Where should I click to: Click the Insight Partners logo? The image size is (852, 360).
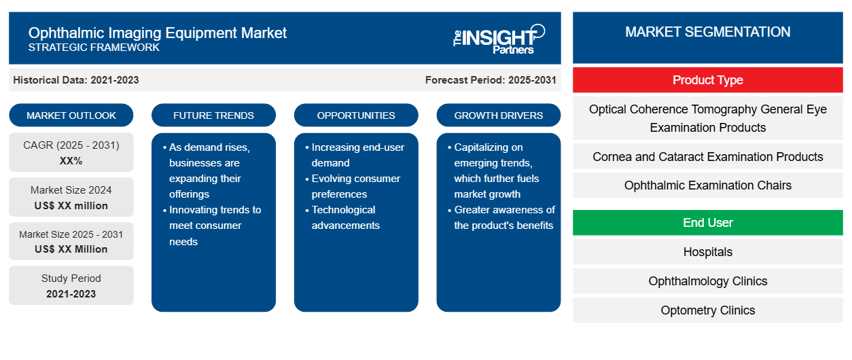[499, 39]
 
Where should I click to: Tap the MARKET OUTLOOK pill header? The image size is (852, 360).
[71, 115]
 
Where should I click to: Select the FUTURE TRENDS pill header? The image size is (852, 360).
[213, 115]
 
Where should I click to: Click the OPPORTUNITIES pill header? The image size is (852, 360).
[356, 115]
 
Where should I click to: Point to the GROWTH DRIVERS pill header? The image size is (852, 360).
[499, 115]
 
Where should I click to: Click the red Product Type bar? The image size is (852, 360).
[708, 80]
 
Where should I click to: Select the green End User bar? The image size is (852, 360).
[708, 222]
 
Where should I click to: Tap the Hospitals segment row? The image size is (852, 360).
[708, 251]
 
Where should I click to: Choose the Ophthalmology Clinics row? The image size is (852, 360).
[708, 281]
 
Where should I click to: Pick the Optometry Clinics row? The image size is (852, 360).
[708, 310]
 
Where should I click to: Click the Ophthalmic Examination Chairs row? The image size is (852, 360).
[708, 185]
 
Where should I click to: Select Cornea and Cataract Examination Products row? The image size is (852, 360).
[708, 156]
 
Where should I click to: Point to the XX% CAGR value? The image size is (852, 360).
[71, 161]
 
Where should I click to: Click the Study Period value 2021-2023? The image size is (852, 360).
[71, 294]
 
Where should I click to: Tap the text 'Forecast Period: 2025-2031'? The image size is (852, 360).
[491, 80]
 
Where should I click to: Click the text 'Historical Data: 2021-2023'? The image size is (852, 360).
[76, 80]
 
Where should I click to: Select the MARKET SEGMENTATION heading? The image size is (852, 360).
[708, 32]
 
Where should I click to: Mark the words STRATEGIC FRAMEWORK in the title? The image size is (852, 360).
[94, 48]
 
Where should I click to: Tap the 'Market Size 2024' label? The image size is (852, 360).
[71, 190]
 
